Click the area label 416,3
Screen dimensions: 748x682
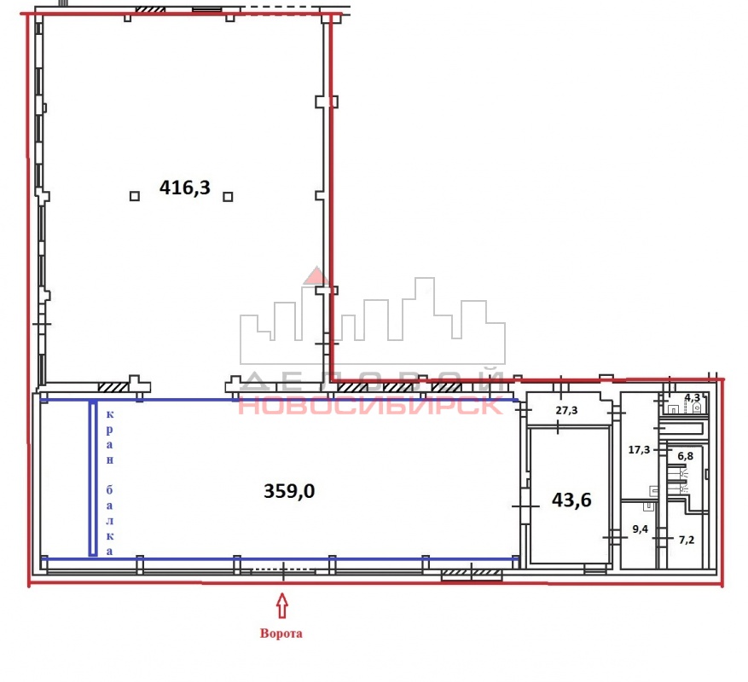(184, 188)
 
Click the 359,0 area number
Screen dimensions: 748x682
(289, 491)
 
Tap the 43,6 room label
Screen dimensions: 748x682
(571, 500)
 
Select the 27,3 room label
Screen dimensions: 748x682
(566, 410)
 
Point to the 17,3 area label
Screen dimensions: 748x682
(639, 450)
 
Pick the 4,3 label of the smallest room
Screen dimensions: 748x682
(693, 398)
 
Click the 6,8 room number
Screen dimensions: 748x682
(686, 456)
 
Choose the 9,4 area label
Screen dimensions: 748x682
(640, 529)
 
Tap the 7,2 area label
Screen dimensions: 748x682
(687, 540)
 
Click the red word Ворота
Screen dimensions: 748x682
(281, 633)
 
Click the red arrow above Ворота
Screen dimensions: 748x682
(282, 605)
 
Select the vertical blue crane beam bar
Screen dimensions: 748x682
(93, 479)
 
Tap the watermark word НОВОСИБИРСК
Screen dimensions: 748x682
(370, 406)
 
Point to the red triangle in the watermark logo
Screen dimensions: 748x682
(316, 276)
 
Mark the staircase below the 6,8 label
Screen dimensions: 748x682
(676, 479)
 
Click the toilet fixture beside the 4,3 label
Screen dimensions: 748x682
(697, 407)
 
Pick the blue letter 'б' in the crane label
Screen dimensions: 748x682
(109, 489)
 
